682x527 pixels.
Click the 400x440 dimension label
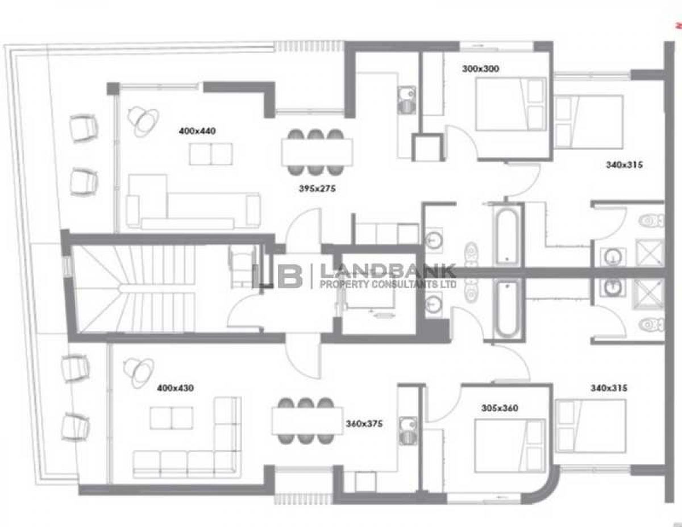[x=197, y=131]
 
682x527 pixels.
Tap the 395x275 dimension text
[x=317, y=188]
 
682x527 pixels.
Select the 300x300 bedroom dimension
[x=480, y=69]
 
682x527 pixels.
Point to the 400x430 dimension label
[x=175, y=388]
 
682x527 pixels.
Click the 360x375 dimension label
[x=364, y=424]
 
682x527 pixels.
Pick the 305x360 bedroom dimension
[x=500, y=408]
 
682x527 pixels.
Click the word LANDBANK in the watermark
[x=388, y=272]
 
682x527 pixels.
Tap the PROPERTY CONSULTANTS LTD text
[x=388, y=284]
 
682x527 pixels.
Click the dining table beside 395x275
[x=317, y=152]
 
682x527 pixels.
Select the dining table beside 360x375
[x=307, y=421]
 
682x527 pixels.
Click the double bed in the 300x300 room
[x=510, y=103]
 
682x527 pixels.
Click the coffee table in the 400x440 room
[x=211, y=154]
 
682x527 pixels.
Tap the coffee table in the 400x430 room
[x=172, y=418]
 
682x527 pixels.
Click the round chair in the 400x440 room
[x=143, y=121]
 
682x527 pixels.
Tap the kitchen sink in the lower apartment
[x=408, y=431]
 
